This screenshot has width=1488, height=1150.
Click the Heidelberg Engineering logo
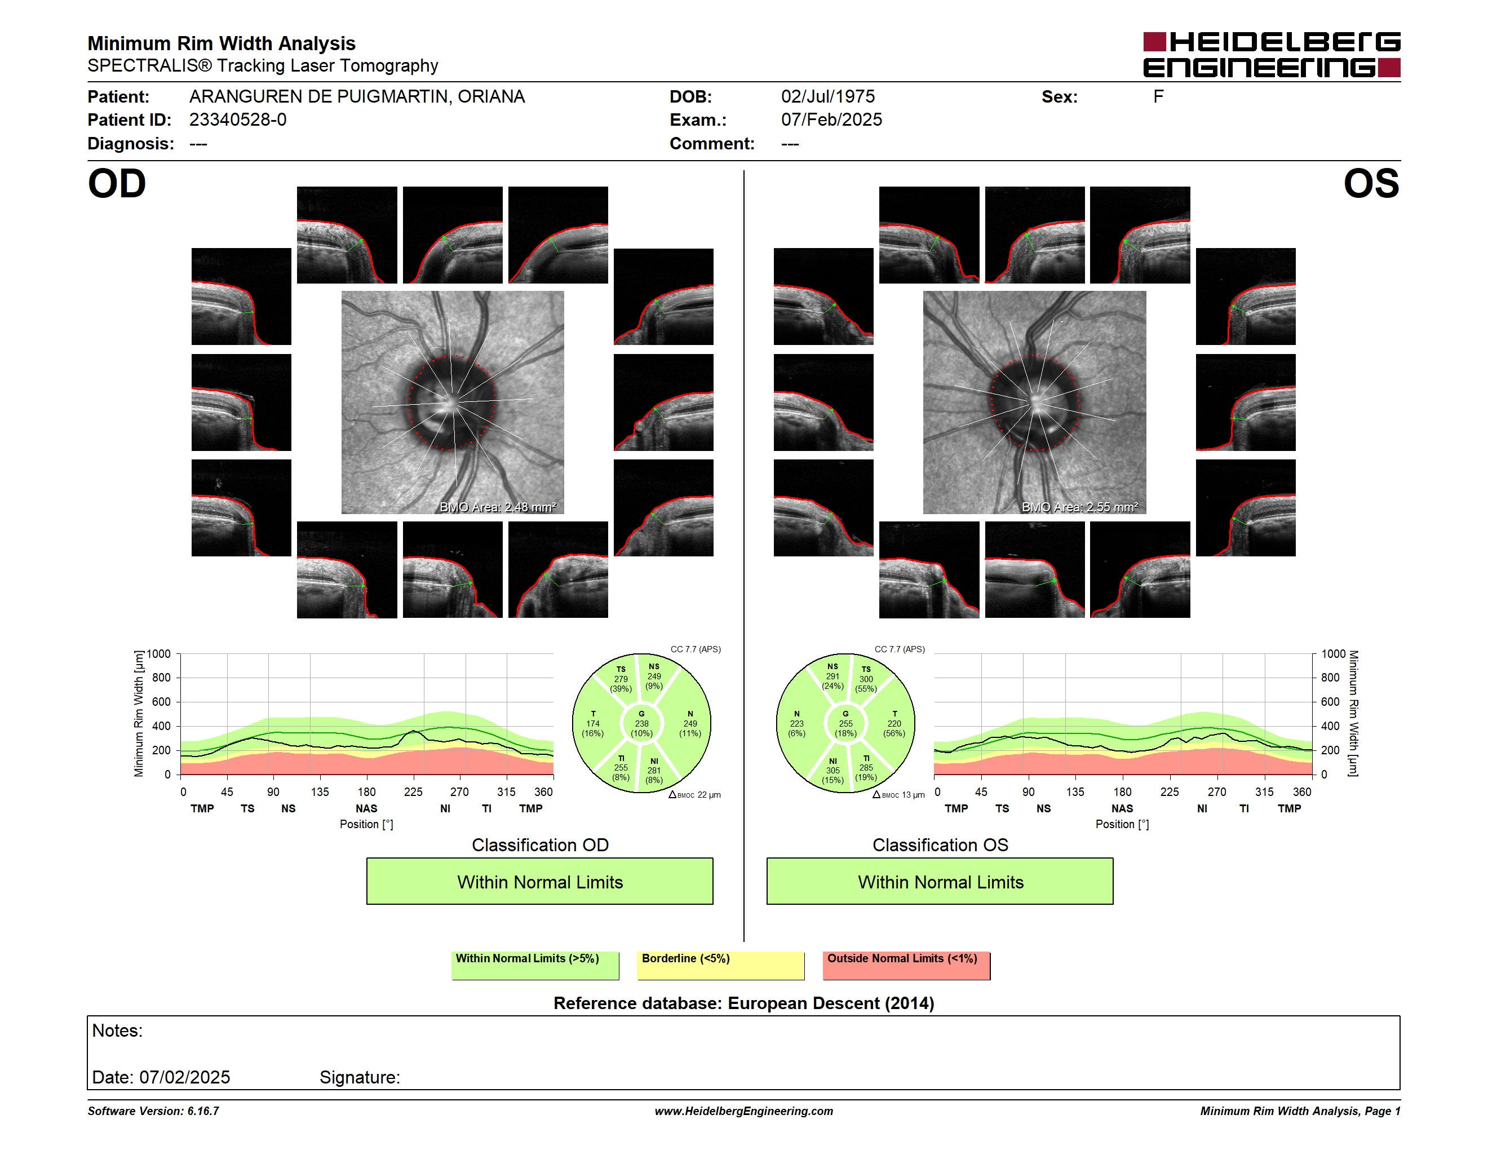[x=1272, y=55]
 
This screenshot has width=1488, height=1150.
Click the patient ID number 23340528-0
[x=238, y=120]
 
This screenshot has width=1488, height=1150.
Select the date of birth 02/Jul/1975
[x=828, y=97]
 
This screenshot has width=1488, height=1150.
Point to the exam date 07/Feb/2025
[x=831, y=120]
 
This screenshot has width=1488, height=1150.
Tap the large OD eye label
[x=117, y=184]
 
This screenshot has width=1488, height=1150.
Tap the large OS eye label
[x=1371, y=184]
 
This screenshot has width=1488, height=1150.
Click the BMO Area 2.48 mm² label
[x=498, y=507]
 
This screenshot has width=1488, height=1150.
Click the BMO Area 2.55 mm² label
[x=1080, y=507]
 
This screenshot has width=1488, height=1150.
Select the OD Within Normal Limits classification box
[x=539, y=881]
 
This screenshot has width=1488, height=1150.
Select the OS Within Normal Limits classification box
[x=940, y=881]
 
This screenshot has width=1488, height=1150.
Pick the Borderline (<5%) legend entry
[x=721, y=965]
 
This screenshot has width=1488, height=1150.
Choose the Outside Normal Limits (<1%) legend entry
[x=906, y=965]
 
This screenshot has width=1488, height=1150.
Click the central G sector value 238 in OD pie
[x=642, y=723]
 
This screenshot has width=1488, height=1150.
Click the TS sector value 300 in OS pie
[x=866, y=679]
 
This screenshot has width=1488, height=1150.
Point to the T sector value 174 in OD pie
[x=593, y=723]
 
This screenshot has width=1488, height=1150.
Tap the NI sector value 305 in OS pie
[x=832, y=771]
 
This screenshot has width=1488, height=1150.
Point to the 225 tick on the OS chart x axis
[x=1170, y=791]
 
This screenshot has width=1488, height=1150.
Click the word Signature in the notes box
[x=359, y=1077]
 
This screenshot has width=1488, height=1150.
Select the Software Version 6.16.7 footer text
[x=153, y=1111]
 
